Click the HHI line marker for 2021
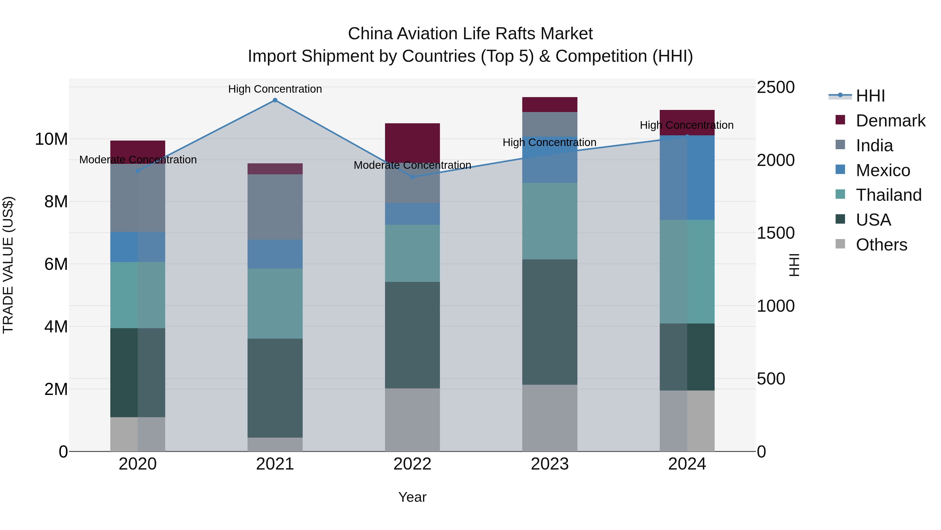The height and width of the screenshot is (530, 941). [275, 100]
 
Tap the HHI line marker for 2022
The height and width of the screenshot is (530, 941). [412, 177]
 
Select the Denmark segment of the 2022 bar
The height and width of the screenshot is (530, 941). [412, 143]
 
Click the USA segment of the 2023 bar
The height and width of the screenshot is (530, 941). [550, 322]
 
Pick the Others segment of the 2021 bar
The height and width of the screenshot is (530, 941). [275, 444]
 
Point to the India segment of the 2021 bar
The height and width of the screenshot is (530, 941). [275, 207]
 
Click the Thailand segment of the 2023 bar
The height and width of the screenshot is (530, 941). [550, 221]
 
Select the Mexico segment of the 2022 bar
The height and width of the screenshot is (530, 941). [412, 214]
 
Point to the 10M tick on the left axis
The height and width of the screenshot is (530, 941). [51, 139]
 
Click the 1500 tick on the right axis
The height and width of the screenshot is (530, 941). [775, 233]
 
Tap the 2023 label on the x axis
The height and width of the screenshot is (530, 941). [550, 464]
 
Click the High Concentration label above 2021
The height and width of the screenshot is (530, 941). [275, 89]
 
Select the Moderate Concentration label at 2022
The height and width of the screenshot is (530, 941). [412, 165]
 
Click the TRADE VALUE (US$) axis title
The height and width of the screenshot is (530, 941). [8, 265]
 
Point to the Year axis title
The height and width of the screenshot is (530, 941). [412, 497]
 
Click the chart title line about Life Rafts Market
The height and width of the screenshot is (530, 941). [470, 34]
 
